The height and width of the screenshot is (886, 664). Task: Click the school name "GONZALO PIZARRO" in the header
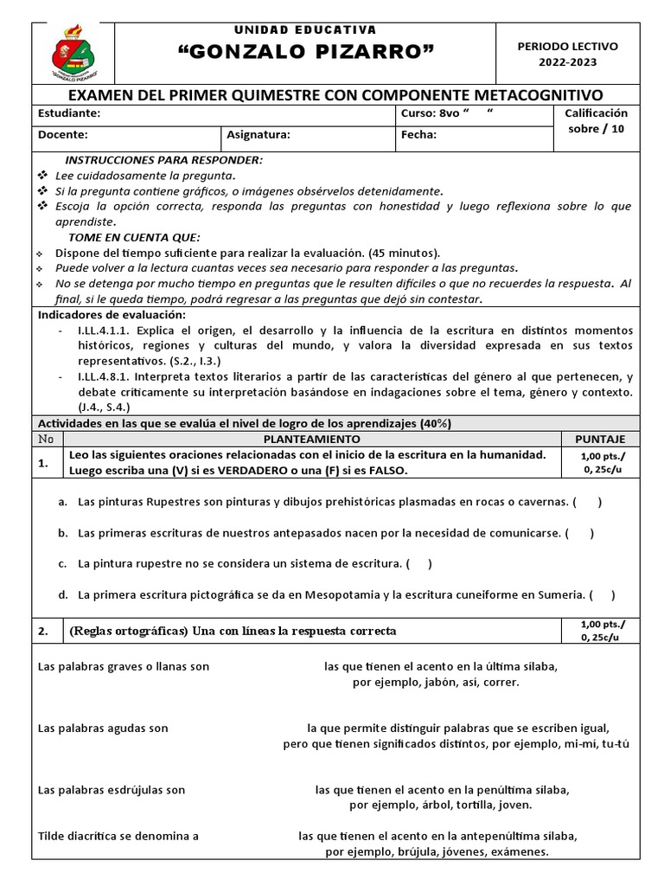pyautogui.click(x=305, y=55)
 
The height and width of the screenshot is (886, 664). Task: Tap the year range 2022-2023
pyautogui.click(x=567, y=62)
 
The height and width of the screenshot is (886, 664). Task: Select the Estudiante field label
pyautogui.click(x=69, y=113)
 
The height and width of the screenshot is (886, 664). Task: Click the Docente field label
pyautogui.click(x=62, y=135)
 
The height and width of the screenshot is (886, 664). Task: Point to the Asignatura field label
pyautogui.click(x=259, y=135)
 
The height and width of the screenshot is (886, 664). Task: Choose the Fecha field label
pyautogui.click(x=418, y=135)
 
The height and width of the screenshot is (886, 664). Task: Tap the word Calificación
pyautogui.click(x=596, y=113)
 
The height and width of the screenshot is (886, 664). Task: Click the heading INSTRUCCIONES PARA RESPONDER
pyautogui.click(x=164, y=160)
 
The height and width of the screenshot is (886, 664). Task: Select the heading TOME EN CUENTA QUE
pyautogui.click(x=134, y=237)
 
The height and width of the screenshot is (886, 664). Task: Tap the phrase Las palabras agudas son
pyautogui.click(x=103, y=728)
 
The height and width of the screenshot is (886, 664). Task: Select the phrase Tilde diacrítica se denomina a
pyautogui.click(x=118, y=837)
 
